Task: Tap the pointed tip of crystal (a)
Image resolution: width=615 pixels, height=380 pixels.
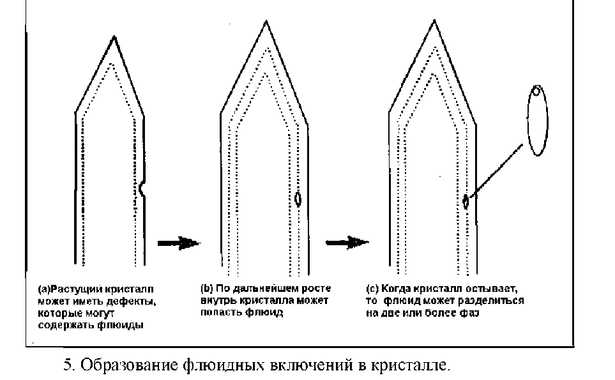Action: click(x=113, y=38)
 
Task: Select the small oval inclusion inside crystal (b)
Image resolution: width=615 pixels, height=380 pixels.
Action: click(x=298, y=199)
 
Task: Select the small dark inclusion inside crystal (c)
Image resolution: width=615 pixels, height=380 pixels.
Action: click(x=466, y=202)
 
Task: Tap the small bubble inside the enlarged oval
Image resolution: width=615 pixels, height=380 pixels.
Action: click(x=537, y=91)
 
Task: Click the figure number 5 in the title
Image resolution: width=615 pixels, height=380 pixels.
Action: click(x=66, y=366)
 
